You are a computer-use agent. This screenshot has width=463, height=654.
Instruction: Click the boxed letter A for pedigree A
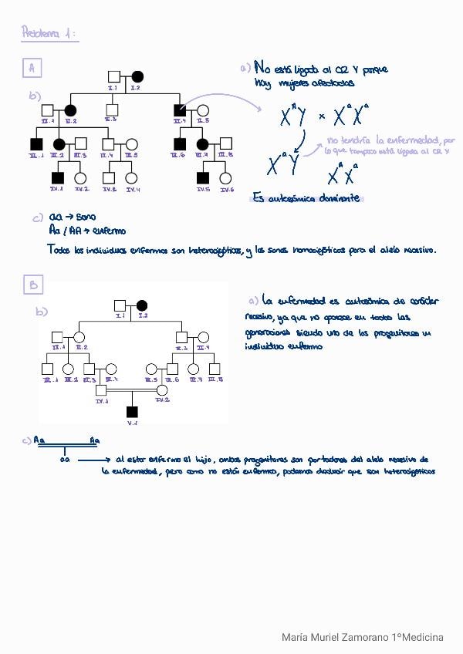click(x=32, y=69)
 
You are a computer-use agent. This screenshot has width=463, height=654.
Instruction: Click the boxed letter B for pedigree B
click(x=34, y=285)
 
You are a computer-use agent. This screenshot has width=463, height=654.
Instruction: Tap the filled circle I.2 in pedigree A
click(x=137, y=76)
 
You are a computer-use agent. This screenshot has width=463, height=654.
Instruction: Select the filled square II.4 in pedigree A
click(x=180, y=110)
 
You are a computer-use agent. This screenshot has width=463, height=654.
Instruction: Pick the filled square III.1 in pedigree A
click(x=35, y=143)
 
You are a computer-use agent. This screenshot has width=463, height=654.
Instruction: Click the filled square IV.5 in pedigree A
click(x=202, y=178)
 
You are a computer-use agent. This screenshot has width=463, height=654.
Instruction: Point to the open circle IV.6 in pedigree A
click(x=225, y=178)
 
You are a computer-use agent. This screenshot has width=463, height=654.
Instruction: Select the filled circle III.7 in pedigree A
click(x=203, y=143)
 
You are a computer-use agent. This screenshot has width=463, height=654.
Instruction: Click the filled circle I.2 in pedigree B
click(x=142, y=305)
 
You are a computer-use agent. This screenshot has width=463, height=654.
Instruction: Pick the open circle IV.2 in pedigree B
click(x=162, y=390)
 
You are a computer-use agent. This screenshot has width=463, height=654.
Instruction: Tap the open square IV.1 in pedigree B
click(x=101, y=390)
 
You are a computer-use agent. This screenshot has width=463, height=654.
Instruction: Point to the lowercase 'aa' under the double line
click(x=66, y=458)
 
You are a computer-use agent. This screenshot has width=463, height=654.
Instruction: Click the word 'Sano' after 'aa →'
click(x=86, y=218)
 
